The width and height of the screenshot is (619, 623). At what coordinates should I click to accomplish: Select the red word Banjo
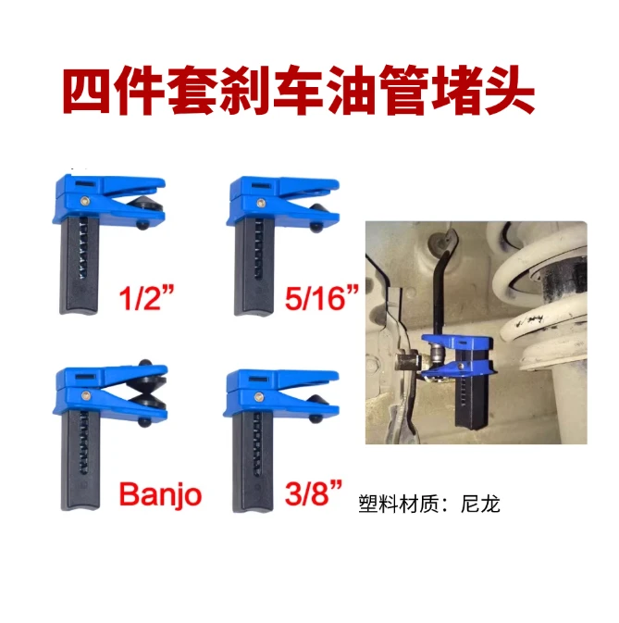[160, 495]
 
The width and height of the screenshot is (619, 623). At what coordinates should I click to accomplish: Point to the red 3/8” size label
[314, 493]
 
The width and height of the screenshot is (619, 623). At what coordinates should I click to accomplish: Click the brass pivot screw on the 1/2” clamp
[84, 202]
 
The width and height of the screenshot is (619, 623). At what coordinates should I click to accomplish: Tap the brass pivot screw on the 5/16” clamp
[261, 203]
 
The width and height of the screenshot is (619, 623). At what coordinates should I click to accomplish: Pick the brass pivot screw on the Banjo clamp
[85, 395]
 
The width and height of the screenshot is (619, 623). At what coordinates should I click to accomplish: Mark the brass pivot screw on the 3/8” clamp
[258, 396]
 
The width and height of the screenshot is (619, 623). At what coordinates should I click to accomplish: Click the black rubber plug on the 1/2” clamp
[144, 206]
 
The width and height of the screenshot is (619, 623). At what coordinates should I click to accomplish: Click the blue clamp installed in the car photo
[456, 355]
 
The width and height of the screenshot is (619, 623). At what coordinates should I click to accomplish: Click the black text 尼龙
[480, 505]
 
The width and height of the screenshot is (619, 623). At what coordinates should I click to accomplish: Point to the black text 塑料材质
[398, 505]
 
